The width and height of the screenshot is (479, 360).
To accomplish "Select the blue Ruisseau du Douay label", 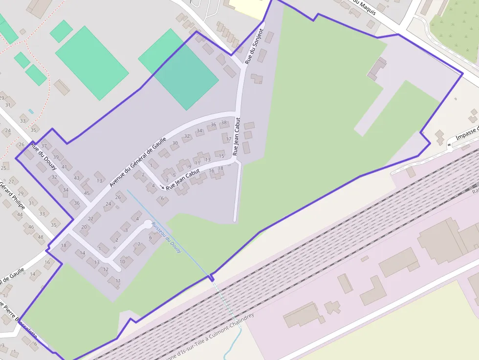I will coord(167,237).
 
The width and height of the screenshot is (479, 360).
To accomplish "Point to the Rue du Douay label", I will coord(44,156).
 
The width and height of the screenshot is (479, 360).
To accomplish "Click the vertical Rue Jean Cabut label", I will coord(237,136).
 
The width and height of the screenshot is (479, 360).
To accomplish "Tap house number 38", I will coord(224,123).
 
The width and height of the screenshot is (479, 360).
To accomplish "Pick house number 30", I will coord(174,143).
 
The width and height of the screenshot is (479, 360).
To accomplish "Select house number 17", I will coord(228,140).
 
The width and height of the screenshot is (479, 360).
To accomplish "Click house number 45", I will coord(87,193).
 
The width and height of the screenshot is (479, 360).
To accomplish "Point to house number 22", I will coord(91,218).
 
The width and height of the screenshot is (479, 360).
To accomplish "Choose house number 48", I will coord(41,237).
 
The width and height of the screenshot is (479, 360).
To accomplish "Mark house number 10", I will coord(122,261).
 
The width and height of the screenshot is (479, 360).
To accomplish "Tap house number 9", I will coord(189,167).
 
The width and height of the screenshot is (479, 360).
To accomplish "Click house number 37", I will coord(44,146).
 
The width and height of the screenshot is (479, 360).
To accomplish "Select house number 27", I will coord(11,182).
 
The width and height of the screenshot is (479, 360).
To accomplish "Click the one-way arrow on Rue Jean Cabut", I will coord(162,187).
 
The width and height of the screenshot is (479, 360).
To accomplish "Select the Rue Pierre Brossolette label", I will coord(20,320).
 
